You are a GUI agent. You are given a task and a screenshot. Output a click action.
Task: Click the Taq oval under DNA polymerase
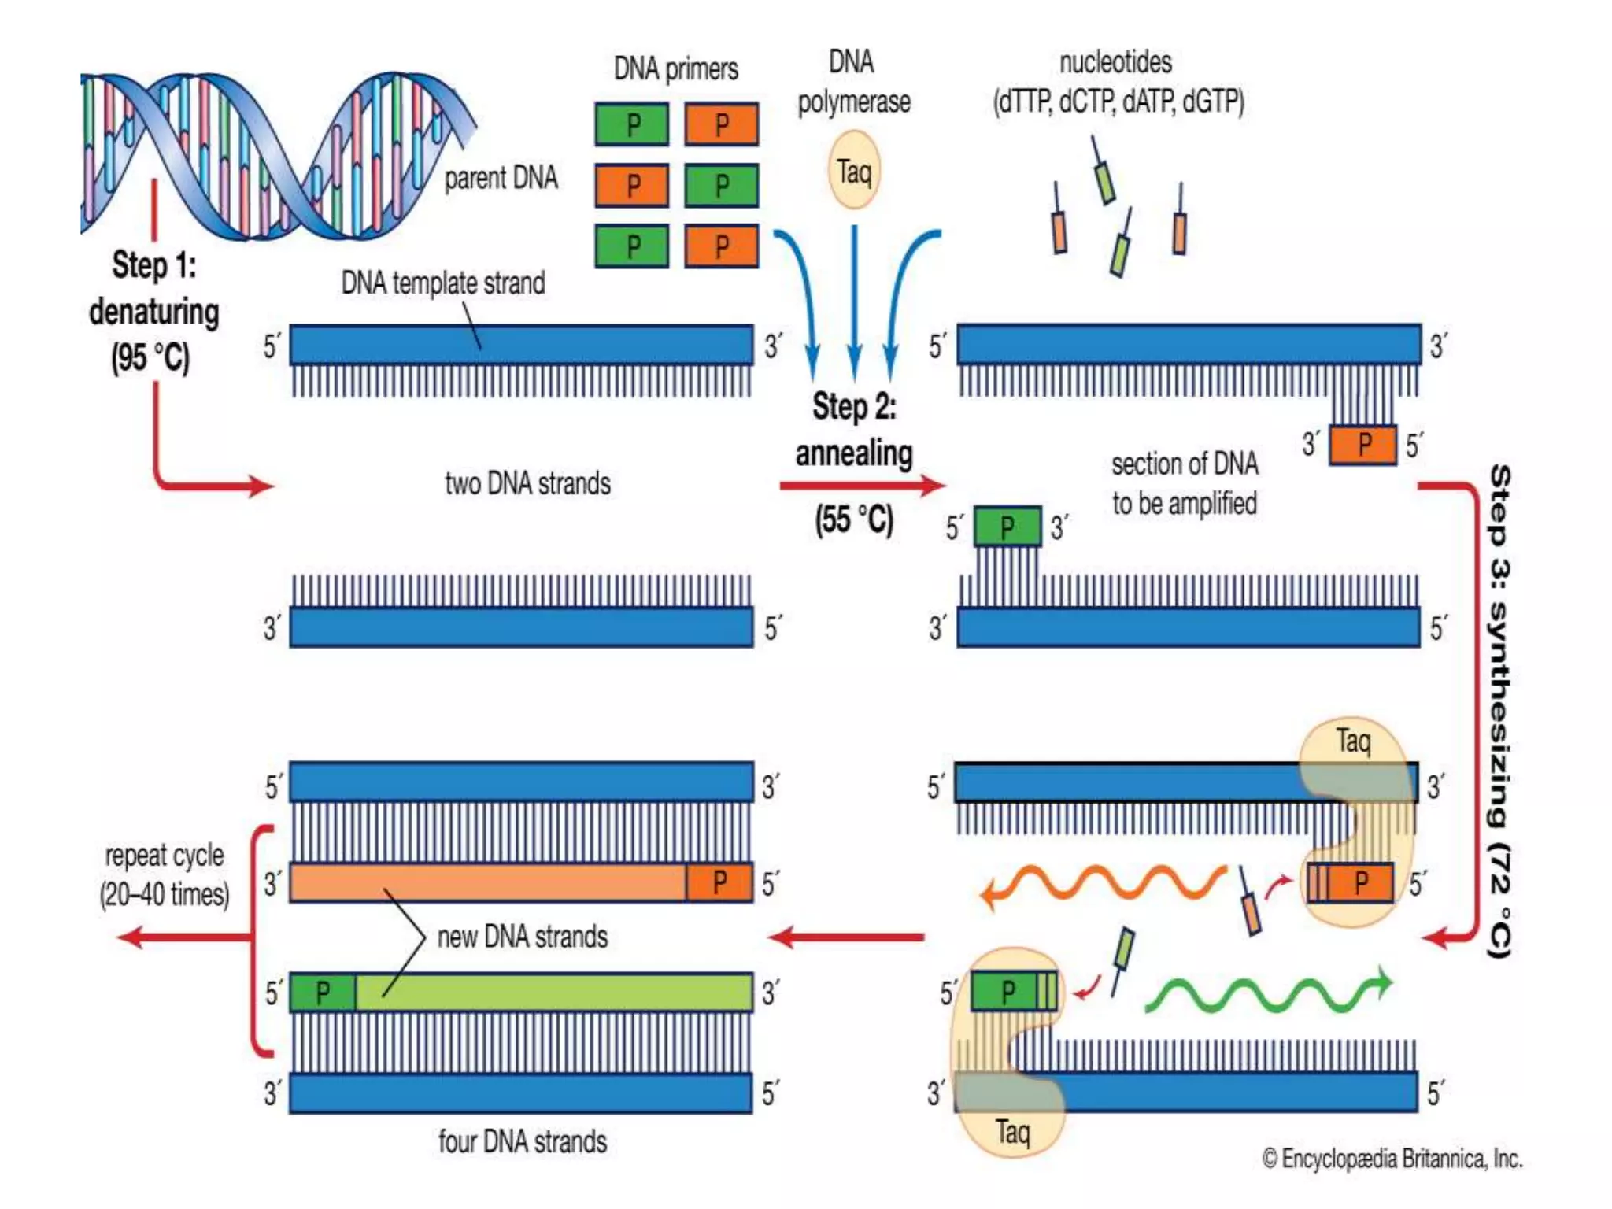(854, 171)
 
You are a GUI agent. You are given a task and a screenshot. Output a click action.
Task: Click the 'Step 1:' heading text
(154, 265)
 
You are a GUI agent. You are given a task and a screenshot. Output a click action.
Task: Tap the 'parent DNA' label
(501, 178)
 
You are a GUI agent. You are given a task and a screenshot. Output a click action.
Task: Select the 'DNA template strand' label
(442, 283)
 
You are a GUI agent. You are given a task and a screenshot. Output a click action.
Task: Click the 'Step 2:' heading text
(854, 407)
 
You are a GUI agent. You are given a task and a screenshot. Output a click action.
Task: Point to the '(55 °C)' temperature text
(854, 519)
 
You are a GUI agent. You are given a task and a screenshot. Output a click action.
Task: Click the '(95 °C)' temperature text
(150, 357)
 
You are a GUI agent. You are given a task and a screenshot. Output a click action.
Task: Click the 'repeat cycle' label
(165, 856)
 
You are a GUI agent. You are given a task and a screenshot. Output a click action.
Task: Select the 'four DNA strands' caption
(523, 1141)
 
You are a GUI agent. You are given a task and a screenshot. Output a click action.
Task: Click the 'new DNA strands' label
(523, 937)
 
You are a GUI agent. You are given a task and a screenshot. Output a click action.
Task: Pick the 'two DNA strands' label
(527, 483)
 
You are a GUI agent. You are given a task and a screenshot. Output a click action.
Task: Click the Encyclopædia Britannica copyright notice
(1392, 1159)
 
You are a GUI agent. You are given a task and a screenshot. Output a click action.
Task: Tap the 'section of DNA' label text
(1185, 464)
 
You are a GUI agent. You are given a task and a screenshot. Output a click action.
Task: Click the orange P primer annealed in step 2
(1363, 445)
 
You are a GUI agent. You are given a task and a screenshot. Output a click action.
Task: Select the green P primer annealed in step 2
(1007, 527)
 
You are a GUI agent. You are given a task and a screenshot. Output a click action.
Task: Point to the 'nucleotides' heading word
(1115, 62)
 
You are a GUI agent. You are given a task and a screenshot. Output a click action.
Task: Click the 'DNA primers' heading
(675, 69)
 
